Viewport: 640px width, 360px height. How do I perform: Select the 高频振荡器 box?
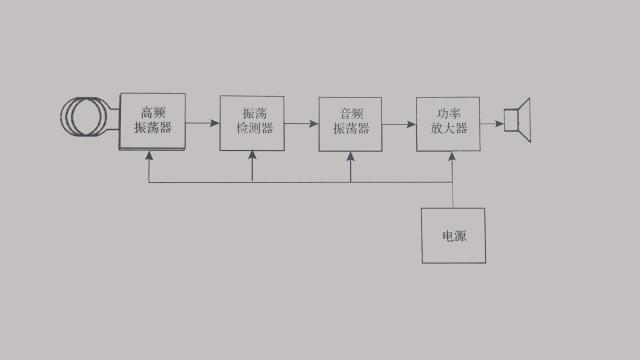click(152, 122)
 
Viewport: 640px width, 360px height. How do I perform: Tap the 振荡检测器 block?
click(252, 123)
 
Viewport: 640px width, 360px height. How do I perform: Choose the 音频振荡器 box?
click(350, 123)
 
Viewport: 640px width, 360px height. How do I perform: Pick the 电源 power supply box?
click(453, 236)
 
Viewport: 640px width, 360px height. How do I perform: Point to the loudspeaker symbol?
click(519, 121)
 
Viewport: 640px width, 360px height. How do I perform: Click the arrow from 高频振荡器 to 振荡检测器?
click(202, 123)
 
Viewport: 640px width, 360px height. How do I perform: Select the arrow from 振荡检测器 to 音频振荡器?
click(301, 123)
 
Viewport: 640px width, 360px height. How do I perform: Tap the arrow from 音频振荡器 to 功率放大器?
click(399, 123)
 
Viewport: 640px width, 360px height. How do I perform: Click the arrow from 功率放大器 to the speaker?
click(493, 123)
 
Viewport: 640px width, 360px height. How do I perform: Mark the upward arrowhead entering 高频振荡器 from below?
click(148, 156)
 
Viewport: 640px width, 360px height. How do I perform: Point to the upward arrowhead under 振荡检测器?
click(252, 156)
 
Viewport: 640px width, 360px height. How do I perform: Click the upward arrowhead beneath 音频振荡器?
click(351, 156)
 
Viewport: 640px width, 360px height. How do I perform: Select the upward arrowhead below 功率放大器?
click(453, 156)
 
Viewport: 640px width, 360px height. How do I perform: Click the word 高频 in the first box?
click(153, 112)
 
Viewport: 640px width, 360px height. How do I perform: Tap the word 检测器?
click(252, 131)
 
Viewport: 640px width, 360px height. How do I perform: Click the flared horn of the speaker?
click(526, 121)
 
